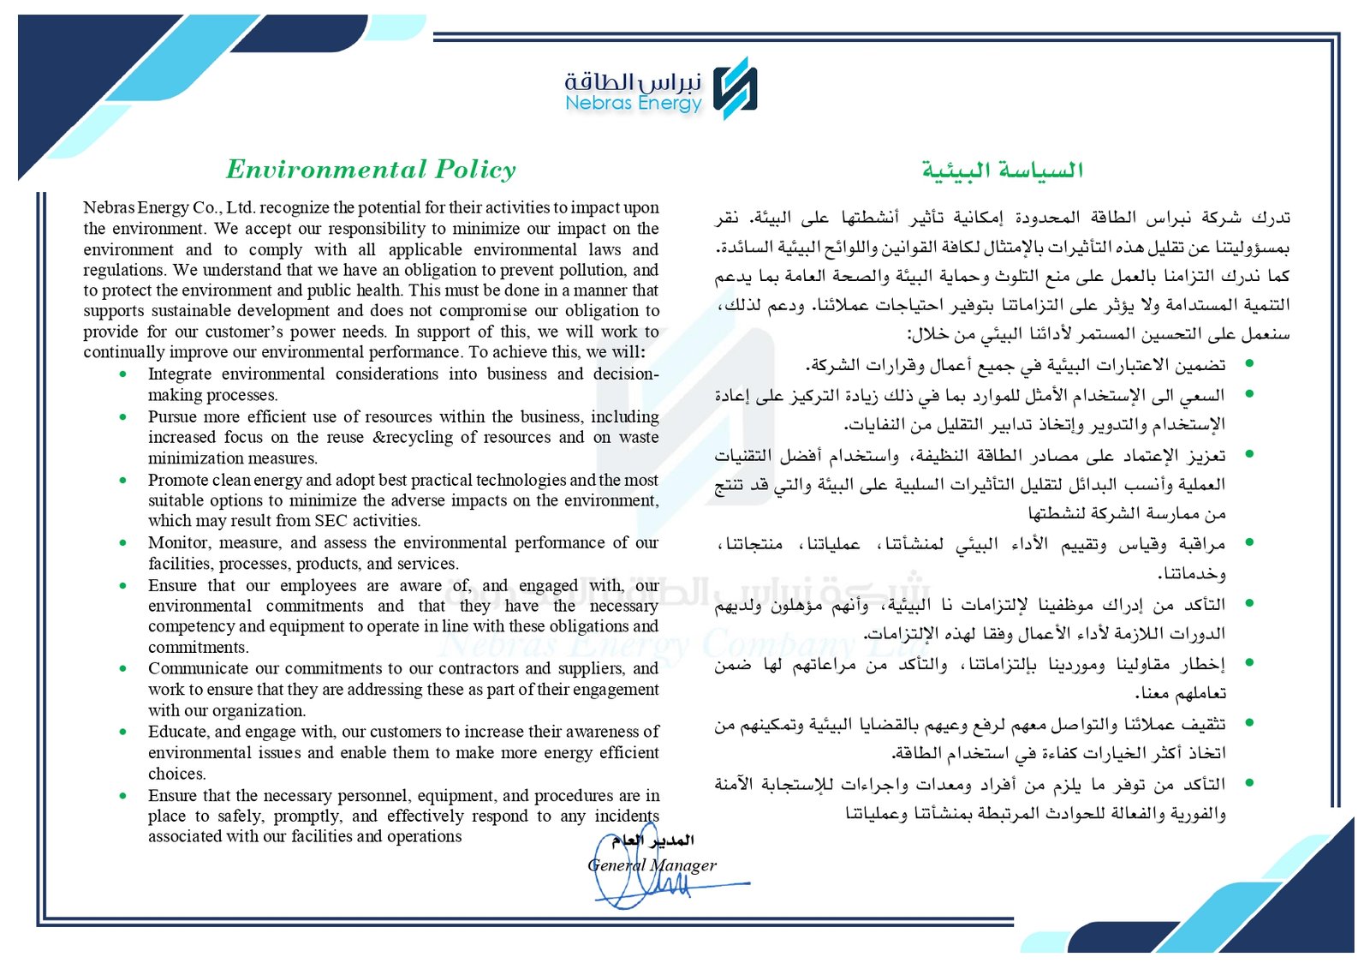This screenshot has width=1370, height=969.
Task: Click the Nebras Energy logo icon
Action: click(736, 87)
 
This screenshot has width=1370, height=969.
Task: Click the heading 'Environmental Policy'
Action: click(371, 169)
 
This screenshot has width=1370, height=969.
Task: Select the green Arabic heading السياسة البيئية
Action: click(1002, 170)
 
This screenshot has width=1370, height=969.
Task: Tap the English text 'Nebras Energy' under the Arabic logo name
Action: click(633, 104)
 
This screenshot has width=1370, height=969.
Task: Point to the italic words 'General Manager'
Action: click(652, 865)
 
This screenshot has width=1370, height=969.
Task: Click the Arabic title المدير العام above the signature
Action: click(652, 840)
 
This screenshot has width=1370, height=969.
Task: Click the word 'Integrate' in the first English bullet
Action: click(179, 374)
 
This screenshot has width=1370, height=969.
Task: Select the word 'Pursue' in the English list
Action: click(172, 416)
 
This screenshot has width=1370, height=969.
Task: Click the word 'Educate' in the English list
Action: click(177, 732)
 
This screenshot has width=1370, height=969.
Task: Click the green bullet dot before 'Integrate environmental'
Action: click(124, 374)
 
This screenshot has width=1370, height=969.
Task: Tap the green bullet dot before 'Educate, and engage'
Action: click(124, 733)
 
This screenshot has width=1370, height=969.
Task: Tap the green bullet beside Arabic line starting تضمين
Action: click(1250, 364)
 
